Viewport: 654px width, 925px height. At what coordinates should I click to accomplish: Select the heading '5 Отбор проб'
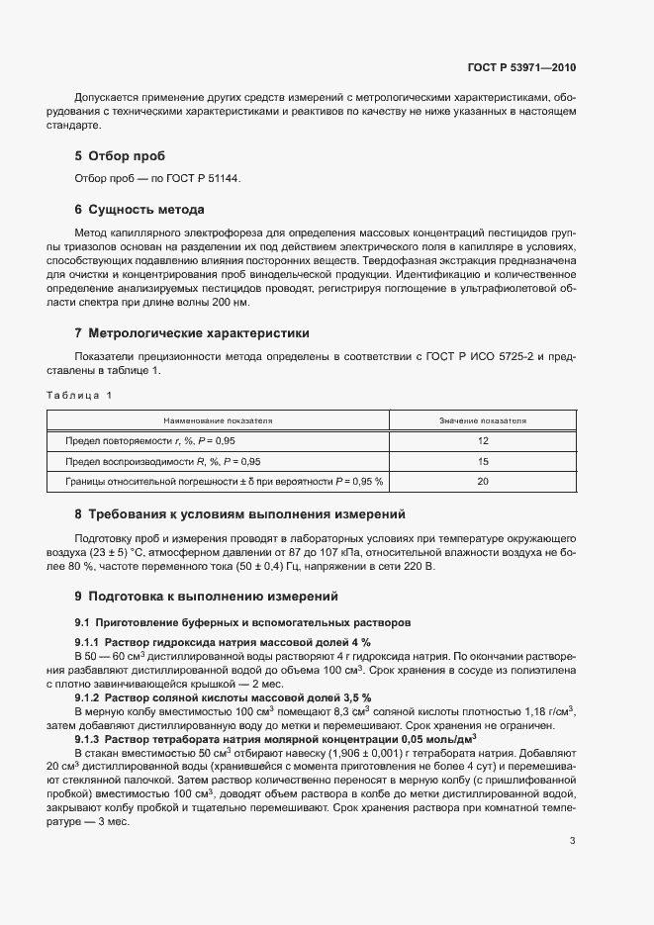tap(120, 156)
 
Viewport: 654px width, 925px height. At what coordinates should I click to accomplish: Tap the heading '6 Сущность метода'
tap(140, 210)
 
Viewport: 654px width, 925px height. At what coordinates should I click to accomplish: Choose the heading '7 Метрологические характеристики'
tap(193, 333)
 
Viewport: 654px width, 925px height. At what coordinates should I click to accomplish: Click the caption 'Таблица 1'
tap(80, 396)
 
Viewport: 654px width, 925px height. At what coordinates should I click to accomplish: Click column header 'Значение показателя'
tap(483, 420)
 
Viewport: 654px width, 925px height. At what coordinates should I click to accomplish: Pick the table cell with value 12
tap(483, 440)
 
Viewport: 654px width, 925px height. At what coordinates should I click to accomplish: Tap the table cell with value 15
tap(483, 461)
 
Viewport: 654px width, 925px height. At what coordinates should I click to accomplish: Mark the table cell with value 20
tap(483, 482)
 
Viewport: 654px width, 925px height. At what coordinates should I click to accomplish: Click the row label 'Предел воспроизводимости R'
tap(163, 461)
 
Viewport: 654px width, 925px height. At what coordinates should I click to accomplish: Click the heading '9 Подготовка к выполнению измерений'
tap(206, 597)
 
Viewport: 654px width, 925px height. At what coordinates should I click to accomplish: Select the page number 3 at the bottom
tap(572, 841)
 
